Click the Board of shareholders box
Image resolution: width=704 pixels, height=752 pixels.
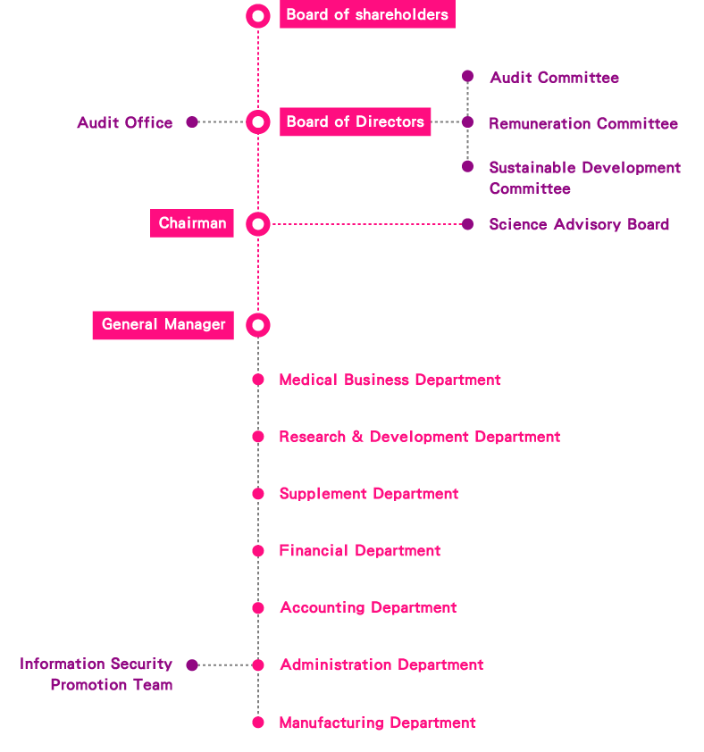click(x=366, y=15)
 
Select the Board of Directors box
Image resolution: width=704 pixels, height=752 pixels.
click(x=355, y=122)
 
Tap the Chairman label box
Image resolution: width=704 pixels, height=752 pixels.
click(x=192, y=223)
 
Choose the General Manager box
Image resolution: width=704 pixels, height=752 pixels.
click(x=163, y=325)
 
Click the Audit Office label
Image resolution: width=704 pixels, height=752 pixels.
click(x=125, y=122)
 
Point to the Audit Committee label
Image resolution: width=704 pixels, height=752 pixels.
click(x=554, y=78)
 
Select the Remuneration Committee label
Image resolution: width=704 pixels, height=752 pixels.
click(x=582, y=124)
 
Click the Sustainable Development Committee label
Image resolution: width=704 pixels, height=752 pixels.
click(x=584, y=178)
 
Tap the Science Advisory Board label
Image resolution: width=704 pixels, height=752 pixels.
click(x=579, y=224)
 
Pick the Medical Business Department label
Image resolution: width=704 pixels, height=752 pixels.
click(x=390, y=380)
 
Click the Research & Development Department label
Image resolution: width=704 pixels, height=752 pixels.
click(x=419, y=437)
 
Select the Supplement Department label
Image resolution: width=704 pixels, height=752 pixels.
click(x=368, y=494)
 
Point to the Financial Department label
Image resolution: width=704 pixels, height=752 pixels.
click(x=359, y=551)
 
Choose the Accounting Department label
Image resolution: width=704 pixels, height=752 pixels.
click(x=368, y=607)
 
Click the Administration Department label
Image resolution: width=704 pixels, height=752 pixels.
click(x=381, y=664)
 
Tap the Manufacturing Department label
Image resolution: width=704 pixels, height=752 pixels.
click(x=377, y=723)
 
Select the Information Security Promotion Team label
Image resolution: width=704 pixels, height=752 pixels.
click(x=96, y=674)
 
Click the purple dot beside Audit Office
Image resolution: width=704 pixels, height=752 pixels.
click(x=192, y=122)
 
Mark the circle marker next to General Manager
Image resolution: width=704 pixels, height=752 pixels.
click(x=258, y=325)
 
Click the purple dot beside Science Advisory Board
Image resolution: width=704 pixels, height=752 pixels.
click(x=467, y=224)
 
